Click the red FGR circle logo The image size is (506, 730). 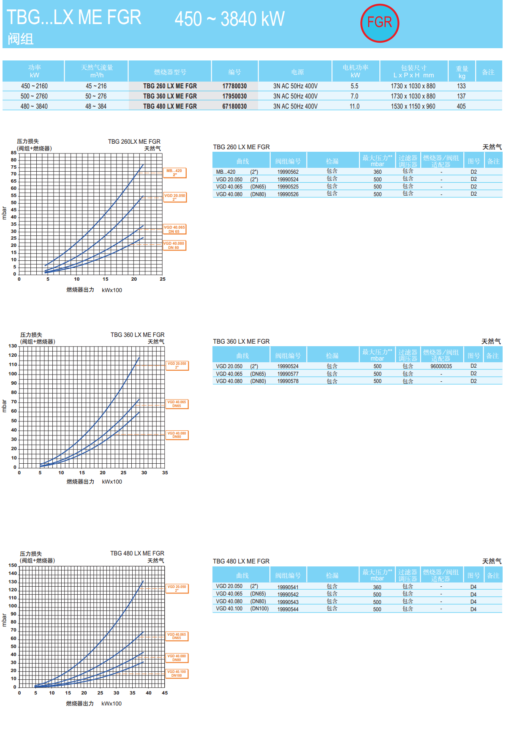coord(379,23)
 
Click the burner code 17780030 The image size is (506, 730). coord(234,86)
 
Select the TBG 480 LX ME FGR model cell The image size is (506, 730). coord(170,107)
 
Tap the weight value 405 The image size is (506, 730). coord(461,107)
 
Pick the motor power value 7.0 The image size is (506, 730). coord(354,96)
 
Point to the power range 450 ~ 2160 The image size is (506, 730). coord(34,86)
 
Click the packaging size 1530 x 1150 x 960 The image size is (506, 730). coord(413,107)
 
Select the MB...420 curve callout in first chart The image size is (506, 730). coord(174,172)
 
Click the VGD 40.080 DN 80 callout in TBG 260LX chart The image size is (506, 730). coord(174,245)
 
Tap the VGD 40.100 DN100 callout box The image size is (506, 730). coord(177,673)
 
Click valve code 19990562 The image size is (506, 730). coord(288,172)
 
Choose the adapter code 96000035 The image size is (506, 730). coord(441,366)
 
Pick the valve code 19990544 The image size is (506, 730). coord(288,610)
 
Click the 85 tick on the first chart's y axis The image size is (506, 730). coord(14,153)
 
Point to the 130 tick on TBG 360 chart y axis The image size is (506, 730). coord(13,346)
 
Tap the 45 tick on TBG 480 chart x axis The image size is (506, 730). coord(165,693)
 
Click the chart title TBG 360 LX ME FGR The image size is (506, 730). coord(137,335)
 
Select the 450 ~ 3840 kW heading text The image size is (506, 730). coord(229,19)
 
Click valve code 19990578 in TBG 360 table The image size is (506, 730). coord(288,381)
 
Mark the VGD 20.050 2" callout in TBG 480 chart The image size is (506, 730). coord(177,588)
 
